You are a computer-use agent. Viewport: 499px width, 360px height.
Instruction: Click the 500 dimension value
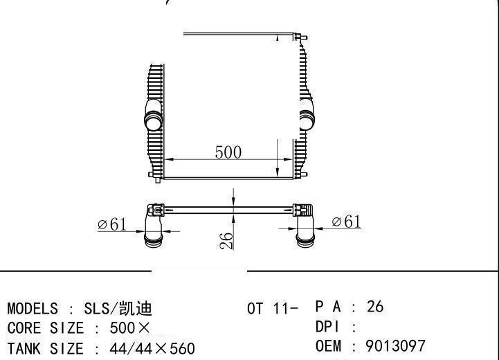click(228, 152)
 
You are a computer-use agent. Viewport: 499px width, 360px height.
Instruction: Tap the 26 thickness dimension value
click(226, 241)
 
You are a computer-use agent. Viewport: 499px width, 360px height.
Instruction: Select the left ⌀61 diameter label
click(112, 224)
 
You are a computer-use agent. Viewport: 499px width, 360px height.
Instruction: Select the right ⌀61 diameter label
click(346, 222)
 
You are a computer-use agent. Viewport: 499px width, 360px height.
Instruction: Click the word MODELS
click(33, 309)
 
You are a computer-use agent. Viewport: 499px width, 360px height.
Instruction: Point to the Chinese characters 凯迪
click(136, 309)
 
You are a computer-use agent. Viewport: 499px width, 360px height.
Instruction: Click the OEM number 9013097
click(395, 346)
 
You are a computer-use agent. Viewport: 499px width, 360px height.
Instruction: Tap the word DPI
click(328, 327)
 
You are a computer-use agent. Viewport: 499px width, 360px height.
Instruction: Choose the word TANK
click(24, 348)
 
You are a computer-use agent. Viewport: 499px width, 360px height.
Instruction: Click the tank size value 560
click(182, 348)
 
